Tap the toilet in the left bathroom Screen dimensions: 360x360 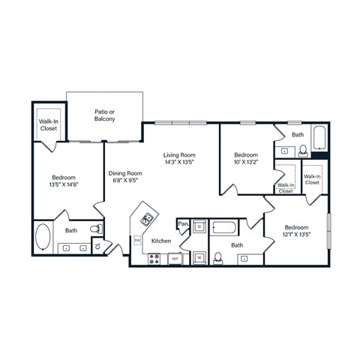click(95, 229)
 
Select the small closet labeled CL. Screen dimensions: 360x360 click(97, 245)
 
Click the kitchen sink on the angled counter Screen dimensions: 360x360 click(148, 220)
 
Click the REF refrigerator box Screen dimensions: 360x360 click(174, 259)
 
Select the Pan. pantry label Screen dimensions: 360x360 click(183, 223)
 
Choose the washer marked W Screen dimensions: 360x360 click(199, 257)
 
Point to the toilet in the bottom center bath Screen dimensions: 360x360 click(217, 257)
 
